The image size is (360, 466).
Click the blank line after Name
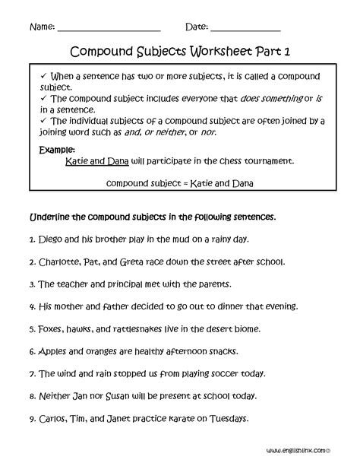[x=109, y=29]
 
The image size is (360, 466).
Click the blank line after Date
[x=245, y=29]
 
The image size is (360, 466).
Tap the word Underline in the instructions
[x=51, y=217]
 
